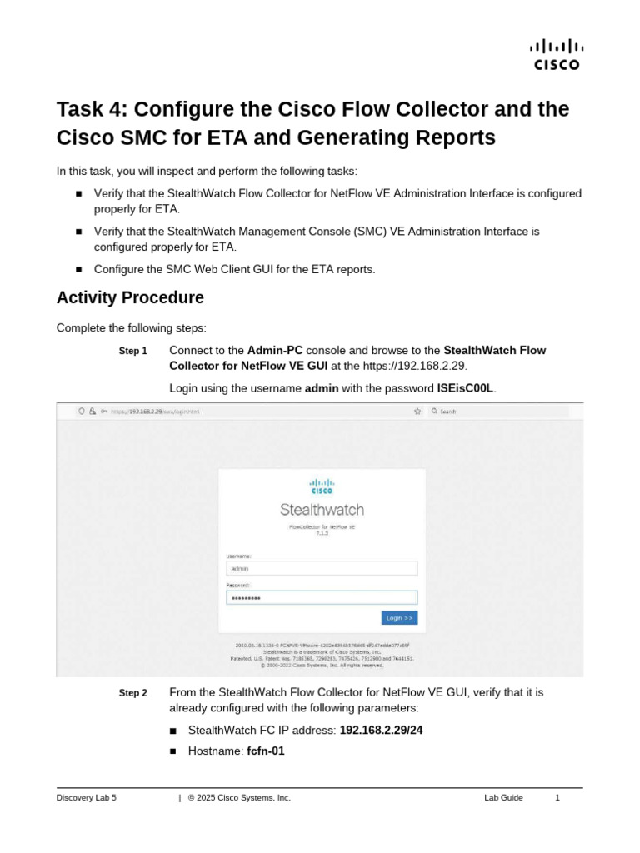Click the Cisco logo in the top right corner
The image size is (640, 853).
pos(557,55)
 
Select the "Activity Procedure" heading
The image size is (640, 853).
pos(129,297)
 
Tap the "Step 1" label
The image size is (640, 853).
pos(133,352)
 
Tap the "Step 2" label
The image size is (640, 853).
pos(133,693)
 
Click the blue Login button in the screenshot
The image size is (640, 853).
pos(399,617)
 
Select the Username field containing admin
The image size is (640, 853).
pos(321,568)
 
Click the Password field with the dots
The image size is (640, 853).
pos(321,598)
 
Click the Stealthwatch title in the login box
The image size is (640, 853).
pos(322,510)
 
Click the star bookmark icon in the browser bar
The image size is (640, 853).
pos(417,411)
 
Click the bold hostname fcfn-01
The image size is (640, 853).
pos(266,751)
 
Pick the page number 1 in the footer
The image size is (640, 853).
pos(557,797)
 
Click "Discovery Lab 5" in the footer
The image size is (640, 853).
pos(87,797)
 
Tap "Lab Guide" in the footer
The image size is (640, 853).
pos(503,797)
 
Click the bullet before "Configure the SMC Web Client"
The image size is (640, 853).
pos(79,269)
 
